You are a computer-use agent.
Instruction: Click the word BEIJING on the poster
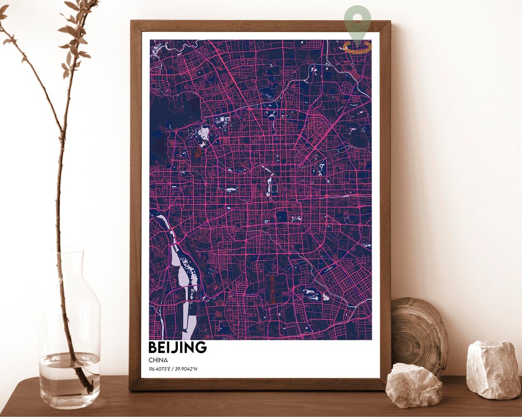coord(177,347)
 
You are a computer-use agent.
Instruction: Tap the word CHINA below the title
coord(158,360)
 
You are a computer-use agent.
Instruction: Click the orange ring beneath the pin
coord(358,47)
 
